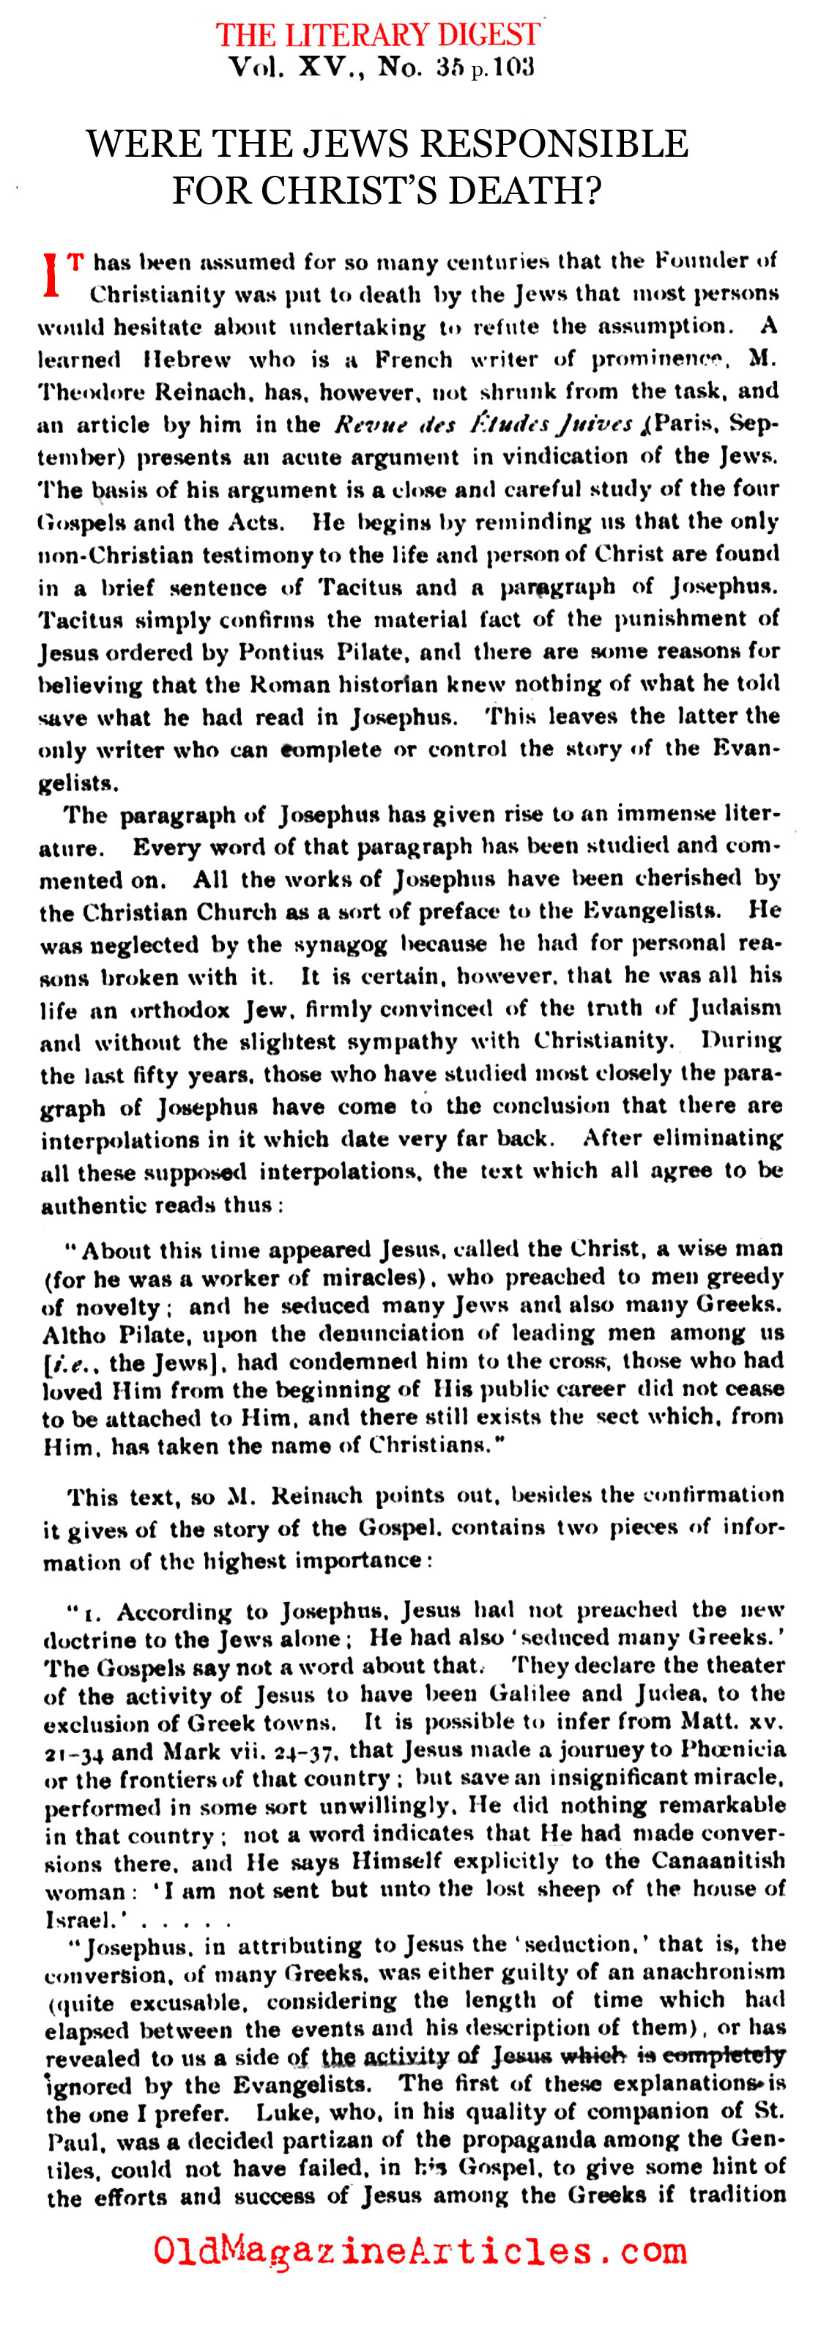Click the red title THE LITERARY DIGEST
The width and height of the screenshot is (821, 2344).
click(x=378, y=34)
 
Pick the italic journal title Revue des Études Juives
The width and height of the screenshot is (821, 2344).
click(x=483, y=425)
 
